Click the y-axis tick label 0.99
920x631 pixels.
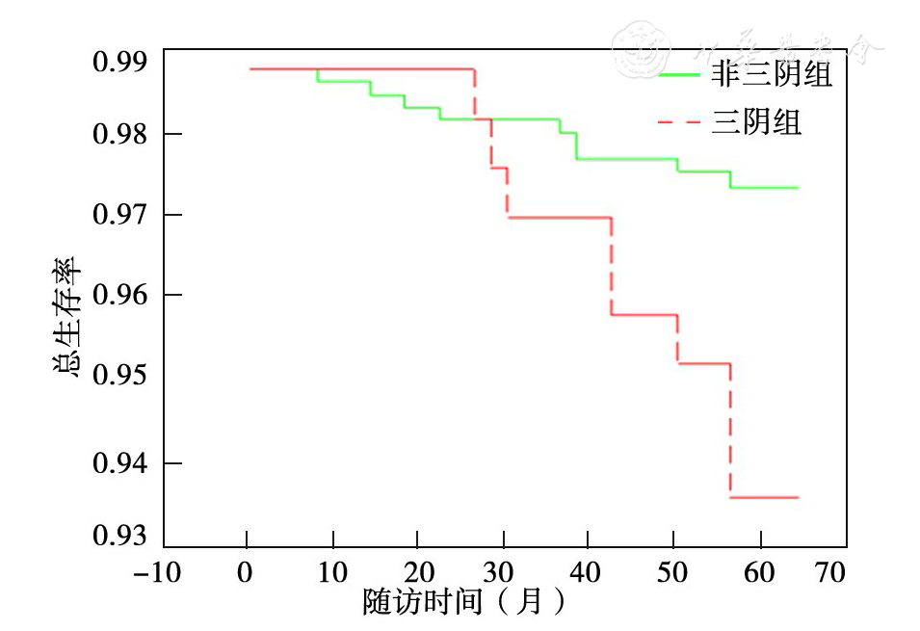[x=119, y=64]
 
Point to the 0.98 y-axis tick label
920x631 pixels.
[x=119, y=134]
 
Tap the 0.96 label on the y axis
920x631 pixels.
[x=119, y=295]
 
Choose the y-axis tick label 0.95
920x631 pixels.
[x=119, y=375]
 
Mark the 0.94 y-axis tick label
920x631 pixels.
[x=119, y=464]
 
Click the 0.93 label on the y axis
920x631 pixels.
[x=119, y=536]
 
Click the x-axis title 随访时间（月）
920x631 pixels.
[x=462, y=602]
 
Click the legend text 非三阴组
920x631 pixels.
[x=771, y=75]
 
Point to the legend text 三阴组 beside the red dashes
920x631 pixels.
[x=756, y=122]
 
